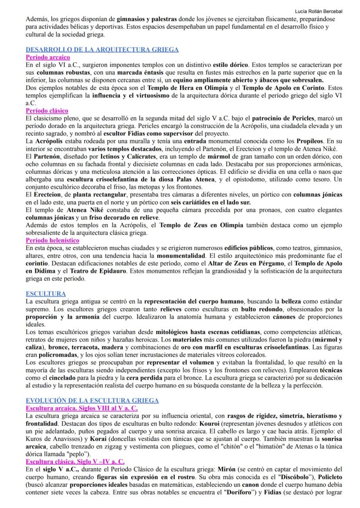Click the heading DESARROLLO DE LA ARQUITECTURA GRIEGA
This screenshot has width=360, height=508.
102,50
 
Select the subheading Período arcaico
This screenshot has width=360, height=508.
47,57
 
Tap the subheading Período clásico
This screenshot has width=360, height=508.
47,111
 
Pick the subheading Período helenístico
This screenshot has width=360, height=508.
52,240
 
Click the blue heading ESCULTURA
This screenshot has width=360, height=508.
46,294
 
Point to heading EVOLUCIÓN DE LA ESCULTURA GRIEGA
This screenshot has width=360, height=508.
92,400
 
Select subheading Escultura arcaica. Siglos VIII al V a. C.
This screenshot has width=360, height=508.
81,408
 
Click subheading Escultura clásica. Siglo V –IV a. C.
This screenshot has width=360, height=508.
75,462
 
